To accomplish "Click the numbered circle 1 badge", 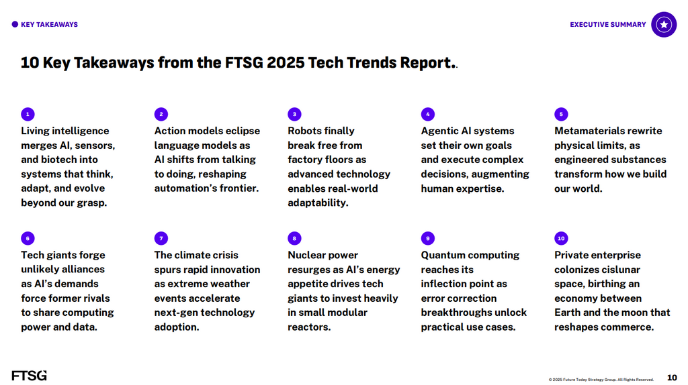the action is [x=28, y=114].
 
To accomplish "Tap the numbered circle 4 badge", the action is [x=428, y=114].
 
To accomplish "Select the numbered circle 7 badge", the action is [x=161, y=238].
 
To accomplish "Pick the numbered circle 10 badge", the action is [x=561, y=238].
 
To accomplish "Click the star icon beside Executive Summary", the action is [x=664, y=25].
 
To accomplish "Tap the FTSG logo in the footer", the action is [x=29, y=376].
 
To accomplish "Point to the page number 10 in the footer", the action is [x=672, y=378].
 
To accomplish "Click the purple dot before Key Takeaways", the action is [x=15, y=25].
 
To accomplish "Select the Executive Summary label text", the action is [x=607, y=25].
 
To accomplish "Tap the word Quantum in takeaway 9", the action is [x=439, y=256].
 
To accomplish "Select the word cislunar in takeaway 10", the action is [x=619, y=270].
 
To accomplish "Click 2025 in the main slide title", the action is [x=285, y=62].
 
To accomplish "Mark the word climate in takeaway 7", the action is [x=196, y=255].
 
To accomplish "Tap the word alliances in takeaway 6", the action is [x=84, y=270].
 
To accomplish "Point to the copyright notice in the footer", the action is [x=601, y=380].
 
